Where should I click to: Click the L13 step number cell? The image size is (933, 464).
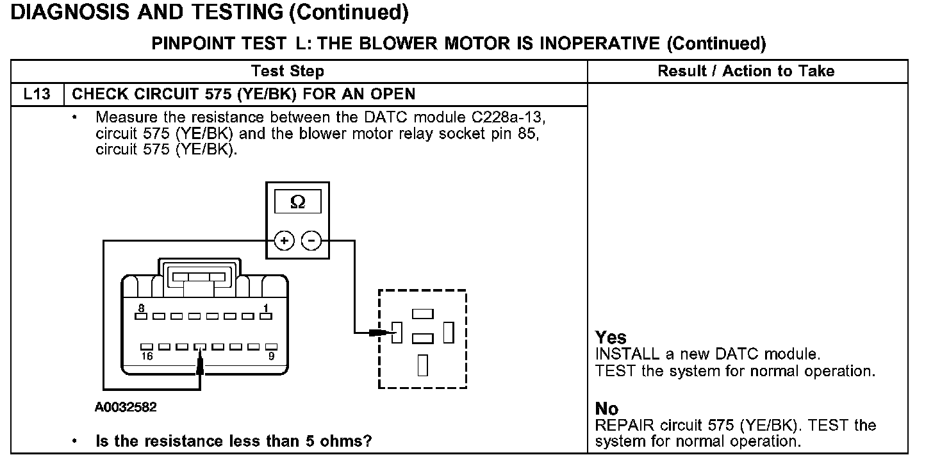[37, 94]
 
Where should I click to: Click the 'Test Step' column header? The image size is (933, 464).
[287, 71]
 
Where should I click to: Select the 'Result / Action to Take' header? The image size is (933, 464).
[746, 71]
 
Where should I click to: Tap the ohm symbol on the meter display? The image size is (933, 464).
[297, 202]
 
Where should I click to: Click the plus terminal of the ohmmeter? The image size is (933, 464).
[284, 241]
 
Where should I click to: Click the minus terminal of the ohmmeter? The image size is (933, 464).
[311, 241]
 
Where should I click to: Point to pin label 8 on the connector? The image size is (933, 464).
[141, 308]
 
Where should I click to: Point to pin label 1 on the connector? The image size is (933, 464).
[265, 308]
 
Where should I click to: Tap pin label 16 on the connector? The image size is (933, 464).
[147, 356]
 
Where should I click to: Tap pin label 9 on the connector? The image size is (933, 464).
[271, 356]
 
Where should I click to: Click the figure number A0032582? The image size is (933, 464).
[125, 407]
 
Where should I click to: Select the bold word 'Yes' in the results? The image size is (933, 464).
[611, 338]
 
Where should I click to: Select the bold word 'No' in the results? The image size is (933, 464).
[606, 409]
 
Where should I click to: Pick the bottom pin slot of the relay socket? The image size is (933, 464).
[422, 364]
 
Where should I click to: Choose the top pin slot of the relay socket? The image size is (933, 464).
[423, 314]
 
